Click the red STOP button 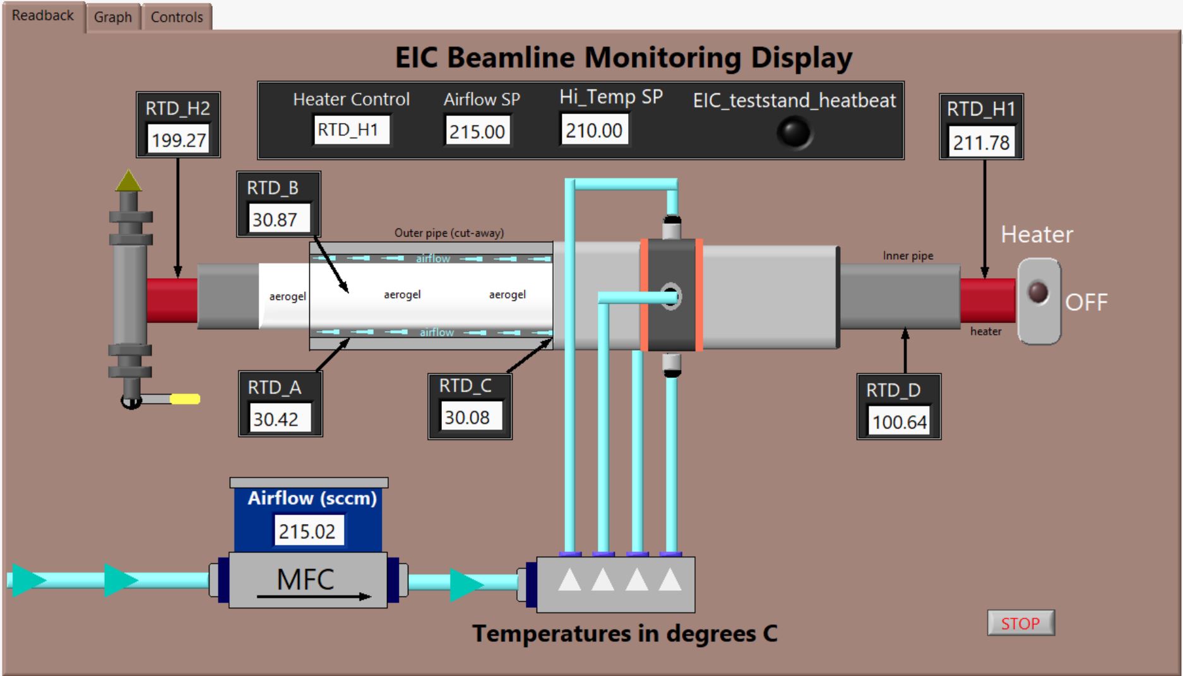[x=1021, y=623]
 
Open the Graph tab [x=113, y=17]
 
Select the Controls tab [x=177, y=17]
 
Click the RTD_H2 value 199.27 [x=179, y=139]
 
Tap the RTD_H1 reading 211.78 [x=981, y=142]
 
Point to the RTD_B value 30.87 [x=275, y=219]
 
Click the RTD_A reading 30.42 [x=275, y=419]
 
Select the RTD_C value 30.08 [x=467, y=417]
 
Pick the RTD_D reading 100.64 [x=900, y=421]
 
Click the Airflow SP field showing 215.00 [x=477, y=131]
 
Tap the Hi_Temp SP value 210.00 [x=594, y=130]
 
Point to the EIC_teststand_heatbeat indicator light [x=794, y=132]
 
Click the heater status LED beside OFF [x=1038, y=293]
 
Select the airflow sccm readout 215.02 [x=307, y=531]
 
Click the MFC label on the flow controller [x=306, y=579]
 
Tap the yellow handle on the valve [x=185, y=399]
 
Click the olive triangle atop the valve [x=129, y=180]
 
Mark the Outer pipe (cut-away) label [x=449, y=233]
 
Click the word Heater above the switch [x=1037, y=235]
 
